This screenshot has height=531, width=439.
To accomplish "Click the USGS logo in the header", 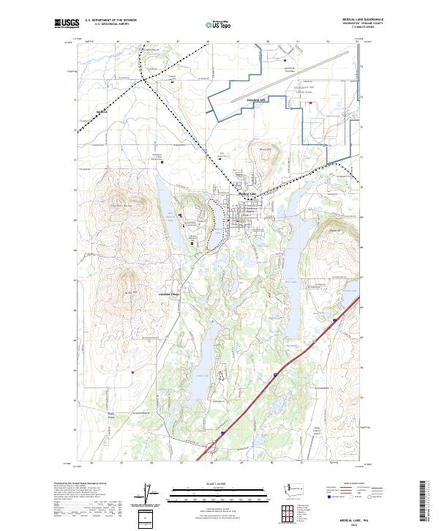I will pyautogui.click(x=67, y=24).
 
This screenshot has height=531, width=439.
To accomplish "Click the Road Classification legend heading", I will pyautogui.click(x=350, y=483).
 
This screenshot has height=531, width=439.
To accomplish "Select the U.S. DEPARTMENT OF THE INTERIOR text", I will pyautogui.click(x=110, y=21).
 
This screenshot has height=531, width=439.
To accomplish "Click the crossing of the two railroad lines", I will pyautogui.click(x=146, y=76).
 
